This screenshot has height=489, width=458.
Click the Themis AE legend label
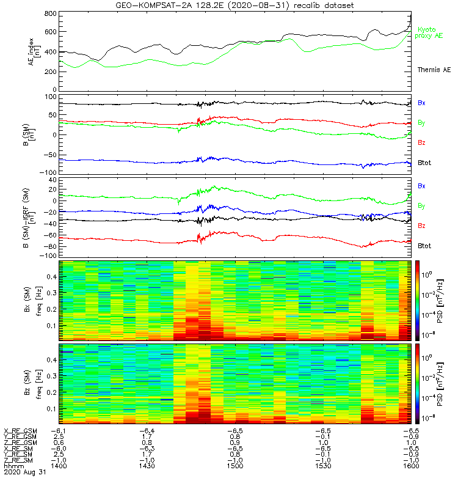[x=434, y=70]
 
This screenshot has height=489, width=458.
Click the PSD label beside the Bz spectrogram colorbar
[x=442, y=383]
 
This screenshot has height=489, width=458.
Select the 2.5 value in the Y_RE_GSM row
[x=59, y=436]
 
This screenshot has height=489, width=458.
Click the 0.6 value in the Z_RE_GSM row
[x=59, y=443]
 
